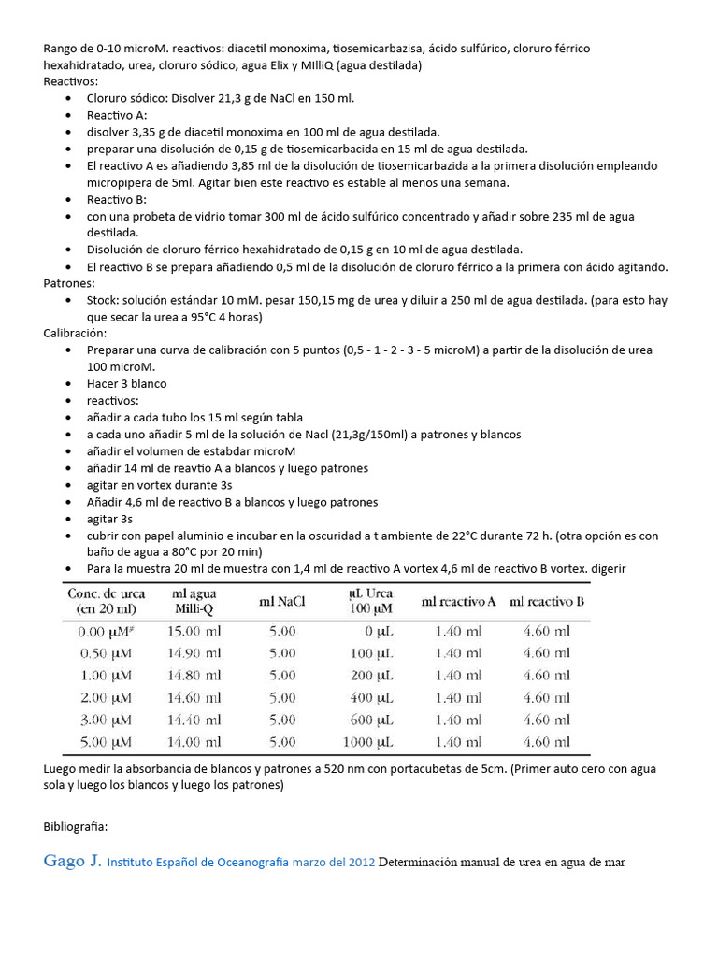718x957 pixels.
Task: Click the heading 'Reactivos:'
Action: pos(70,81)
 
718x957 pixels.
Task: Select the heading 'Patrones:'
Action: pos(69,283)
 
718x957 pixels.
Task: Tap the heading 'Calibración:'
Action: pos(75,333)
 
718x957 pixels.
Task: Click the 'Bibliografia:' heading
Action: pos(75,826)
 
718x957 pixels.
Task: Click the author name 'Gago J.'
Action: pos(71,862)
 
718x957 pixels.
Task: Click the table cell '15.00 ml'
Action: pos(194,631)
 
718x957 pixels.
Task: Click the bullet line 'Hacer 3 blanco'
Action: pos(127,384)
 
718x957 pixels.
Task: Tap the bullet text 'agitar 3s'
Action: pos(110,519)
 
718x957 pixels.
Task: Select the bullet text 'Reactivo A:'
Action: pos(118,115)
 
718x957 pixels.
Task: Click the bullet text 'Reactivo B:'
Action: pos(118,199)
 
